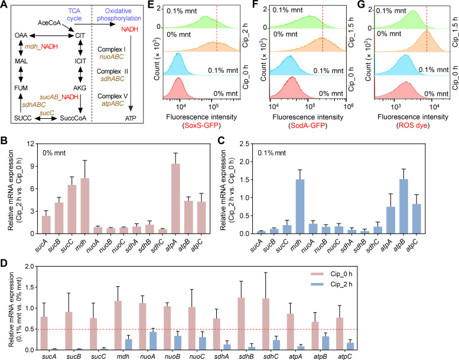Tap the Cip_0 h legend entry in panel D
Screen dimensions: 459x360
coord(331,274)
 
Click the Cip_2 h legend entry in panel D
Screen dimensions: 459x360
coord(331,284)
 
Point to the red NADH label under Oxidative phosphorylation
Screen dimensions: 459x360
coord(129,30)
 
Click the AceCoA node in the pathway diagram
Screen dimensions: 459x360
coord(49,23)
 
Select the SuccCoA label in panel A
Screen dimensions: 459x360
coord(73,118)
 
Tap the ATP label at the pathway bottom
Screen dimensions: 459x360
coord(131,118)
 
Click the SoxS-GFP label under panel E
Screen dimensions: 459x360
coord(201,126)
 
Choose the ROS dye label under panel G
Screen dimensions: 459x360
coord(413,126)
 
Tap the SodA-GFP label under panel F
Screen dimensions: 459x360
coord(308,126)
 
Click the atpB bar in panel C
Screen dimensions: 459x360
coord(403,206)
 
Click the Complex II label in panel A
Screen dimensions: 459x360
coord(112,72)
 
